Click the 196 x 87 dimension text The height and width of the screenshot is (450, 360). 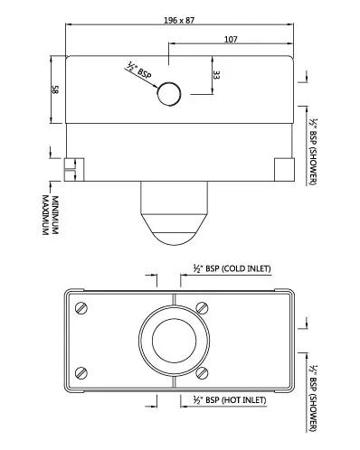coord(179,21)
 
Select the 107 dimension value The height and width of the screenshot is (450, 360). coord(231,40)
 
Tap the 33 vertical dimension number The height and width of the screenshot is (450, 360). coord(216,75)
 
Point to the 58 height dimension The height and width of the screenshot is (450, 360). coord(55,89)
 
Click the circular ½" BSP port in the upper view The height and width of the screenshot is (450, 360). coord(169,94)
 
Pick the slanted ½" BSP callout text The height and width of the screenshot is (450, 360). coord(138,70)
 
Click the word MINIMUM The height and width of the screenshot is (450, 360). coord(55,215)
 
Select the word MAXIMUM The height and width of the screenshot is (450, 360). coord(45,215)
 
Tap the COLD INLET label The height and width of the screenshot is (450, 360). coord(246,268)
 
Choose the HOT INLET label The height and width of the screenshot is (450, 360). coord(244,400)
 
